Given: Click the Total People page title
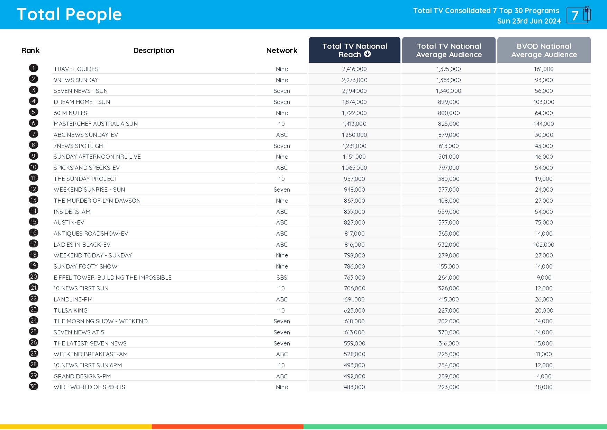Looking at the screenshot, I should click(69, 15).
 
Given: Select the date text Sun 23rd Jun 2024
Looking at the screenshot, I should click(529, 21).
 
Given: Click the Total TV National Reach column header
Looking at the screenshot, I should click(354, 50).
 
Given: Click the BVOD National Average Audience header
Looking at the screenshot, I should click(544, 50).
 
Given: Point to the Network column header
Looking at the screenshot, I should click(282, 51).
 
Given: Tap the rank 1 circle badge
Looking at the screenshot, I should click(34, 68).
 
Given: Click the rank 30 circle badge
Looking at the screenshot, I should click(34, 386).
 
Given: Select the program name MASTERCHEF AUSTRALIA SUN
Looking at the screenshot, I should click(96, 124).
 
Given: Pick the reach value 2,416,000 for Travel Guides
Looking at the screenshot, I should click(354, 69).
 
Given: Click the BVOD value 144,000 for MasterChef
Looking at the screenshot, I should click(544, 124).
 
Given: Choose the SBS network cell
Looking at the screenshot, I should click(282, 278).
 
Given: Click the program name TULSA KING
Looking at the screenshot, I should click(71, 310).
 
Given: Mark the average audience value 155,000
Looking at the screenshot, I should click(449, 266).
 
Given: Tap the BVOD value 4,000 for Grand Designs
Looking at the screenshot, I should click(544, 376).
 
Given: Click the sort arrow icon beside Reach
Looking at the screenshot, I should click(368, 54).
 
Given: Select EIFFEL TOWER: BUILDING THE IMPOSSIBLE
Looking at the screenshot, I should click(112, 278).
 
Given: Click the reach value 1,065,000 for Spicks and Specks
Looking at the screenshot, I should click(354, 168).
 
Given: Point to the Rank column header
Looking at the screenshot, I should click(30, 51).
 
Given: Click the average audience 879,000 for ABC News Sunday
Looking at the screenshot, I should click(449, 135).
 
